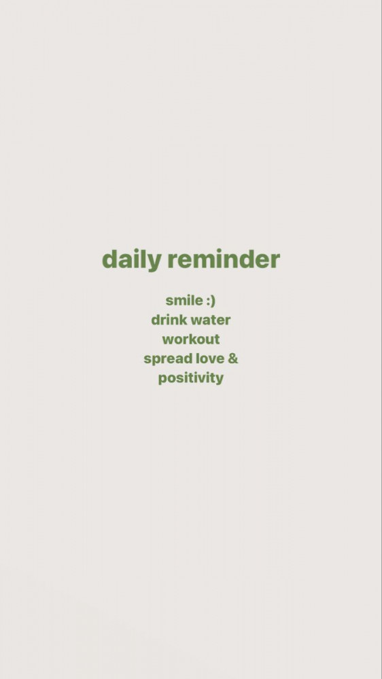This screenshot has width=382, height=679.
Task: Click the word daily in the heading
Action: (x=131, y=260)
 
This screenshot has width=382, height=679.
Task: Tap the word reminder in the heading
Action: (x=224, y=259)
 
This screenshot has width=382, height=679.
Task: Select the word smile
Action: (x=184, y=300)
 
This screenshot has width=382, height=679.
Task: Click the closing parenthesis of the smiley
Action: (x=213, y=301)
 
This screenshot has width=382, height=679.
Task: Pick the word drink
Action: (x=169, y=320)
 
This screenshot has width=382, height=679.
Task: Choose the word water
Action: (x=211, y=320)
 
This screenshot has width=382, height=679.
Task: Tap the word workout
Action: (x=191, y=339)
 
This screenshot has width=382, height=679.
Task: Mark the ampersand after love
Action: (x=233, y=359)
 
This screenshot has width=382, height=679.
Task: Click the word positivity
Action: (x=191, y=378)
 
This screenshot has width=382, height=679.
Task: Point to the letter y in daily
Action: (x=155, y=262)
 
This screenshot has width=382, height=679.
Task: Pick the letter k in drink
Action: (x=184, y=320)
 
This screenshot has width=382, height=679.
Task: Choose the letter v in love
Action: (x=211, y=361)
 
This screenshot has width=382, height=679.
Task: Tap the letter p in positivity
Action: (x=162, y=380)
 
